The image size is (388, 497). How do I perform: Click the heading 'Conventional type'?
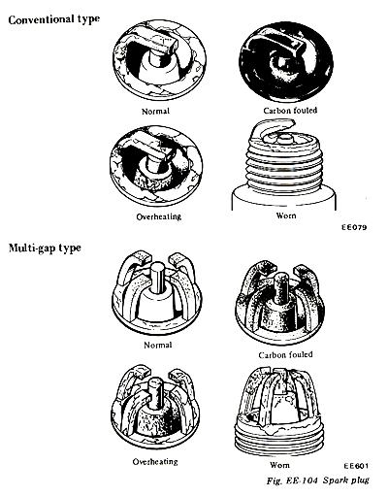(53, 19)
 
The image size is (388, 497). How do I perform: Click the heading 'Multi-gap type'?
(45, 248)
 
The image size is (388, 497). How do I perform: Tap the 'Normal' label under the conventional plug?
(155, 112)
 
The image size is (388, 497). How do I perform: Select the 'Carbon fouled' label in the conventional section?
(290, 111)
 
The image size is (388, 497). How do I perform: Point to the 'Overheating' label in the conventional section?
(158, 216)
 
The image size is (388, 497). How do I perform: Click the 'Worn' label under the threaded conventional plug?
(286, 215)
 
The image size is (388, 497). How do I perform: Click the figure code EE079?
(354, 227)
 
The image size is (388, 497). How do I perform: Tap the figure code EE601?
(356, 466)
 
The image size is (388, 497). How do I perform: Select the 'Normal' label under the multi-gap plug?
(158, 345)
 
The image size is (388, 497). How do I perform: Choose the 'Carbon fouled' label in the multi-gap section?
(285, 354)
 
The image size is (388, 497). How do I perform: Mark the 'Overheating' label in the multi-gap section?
(155, 461)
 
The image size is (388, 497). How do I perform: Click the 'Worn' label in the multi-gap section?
(279, 465)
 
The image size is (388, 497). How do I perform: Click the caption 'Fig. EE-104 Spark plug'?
(318, 480)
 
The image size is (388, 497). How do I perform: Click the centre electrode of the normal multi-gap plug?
(157, 278)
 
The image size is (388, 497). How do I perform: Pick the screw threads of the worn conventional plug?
(284, 166)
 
